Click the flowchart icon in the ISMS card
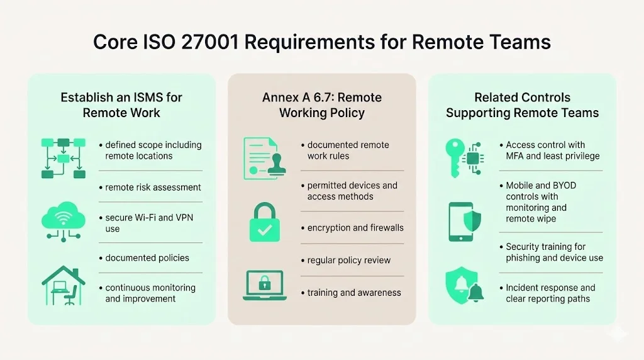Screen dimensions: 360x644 pyautogui.click(x=63, y=157)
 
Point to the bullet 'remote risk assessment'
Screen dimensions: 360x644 pyautogui.click(x=153, y=187)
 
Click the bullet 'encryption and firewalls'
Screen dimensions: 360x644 pyautogui.click(x=355, y=228)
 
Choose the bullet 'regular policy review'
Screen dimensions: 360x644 pyautogui.click(x=348, y=260)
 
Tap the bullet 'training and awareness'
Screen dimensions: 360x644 pyautogui.click(x=353, y=293)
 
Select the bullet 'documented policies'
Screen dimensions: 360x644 pyautogui.click(x=147, y=257)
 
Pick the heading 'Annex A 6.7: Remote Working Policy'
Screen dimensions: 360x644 pyautogui.click(x=321, y=106)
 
